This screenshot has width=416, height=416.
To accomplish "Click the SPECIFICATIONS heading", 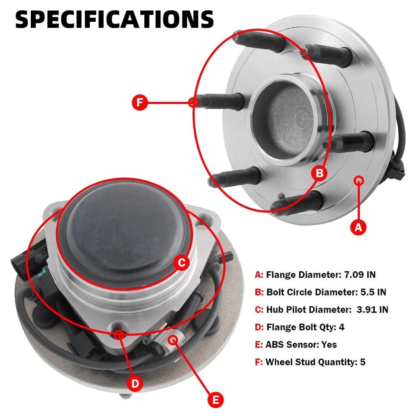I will [x=114, y=19].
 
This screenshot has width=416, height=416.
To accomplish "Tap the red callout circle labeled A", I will [x=358, y=227].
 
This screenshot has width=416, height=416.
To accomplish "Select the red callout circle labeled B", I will [x=319, y=174].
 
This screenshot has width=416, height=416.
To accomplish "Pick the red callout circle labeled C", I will [x=182, y=262].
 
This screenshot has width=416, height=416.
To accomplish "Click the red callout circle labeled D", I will [x=135, y=383].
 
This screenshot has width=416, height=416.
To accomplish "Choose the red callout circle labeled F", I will [x=140, y=103].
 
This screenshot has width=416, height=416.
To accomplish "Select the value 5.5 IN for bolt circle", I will [x=373, y=292].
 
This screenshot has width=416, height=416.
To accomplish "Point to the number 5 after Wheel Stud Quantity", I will [x=363, y=362].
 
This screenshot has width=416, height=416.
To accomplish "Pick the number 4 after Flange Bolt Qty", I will [x=341, y=327].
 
